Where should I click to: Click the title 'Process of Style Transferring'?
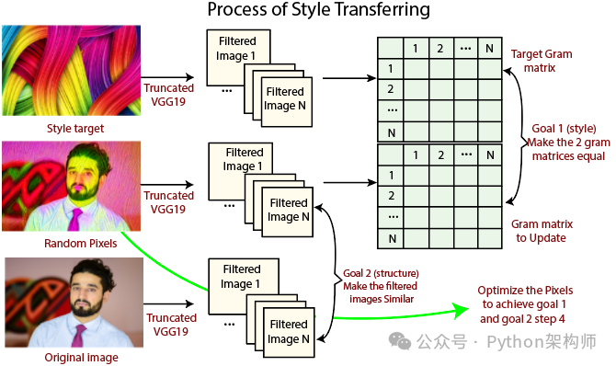pyautogui.click(x=319, y=9)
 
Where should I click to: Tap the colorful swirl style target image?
pyautogui.click(x=71, y=71)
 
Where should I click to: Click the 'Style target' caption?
pyautogui.click(x=75, y=129)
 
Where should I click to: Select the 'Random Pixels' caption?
pyautogui.click(x=81, y=244)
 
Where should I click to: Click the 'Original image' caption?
pyautogui.click(x=81, y=358)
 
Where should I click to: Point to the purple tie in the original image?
pyautogui.click(x=78, y=336)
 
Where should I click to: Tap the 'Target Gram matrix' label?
pyautogui.click(x=542, y=61)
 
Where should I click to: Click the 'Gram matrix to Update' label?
pyautogui.click(x=542, y=231)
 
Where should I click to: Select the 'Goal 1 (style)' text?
pyautogui.click(x=564, y=129)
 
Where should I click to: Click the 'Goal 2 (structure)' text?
pyautogui.click(x=381, y=273)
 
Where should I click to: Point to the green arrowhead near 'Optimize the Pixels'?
pyautogui.click(x=461, y=311)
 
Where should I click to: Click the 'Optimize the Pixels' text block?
pyautogui.click(x=525, y=304)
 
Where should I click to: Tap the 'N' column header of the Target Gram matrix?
pyautogui.click(x=490, y=49)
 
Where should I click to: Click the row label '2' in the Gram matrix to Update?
pyautogui.click(x=391, y=196)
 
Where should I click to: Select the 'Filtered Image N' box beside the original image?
pyautogui.click(x=289, y=332)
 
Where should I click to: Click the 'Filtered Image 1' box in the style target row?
pyautogui.click(x=238, y=57)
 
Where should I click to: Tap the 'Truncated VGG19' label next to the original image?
pyautogui.click(x=171, y=325)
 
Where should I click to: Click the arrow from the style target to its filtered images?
pyautogui.click(x=167, y=77)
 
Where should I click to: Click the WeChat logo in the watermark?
pyautogui.click(x=400, y=341)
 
